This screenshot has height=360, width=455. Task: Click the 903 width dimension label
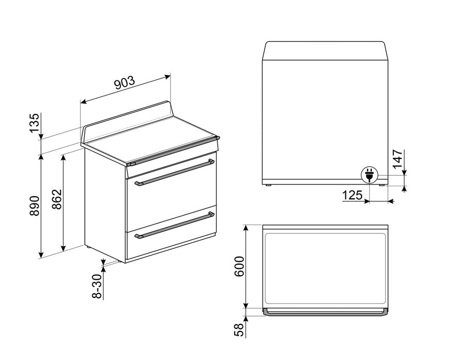click(x=124, y=83)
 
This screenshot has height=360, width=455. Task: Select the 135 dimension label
click(x=34, y=124)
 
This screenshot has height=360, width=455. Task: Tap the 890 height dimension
click(x=34, y=205)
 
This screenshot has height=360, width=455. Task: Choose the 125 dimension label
click(x=352, y=196)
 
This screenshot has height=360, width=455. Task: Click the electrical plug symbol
click(x=369, y=176)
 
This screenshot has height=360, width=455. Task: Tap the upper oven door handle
click(x=175, y=172)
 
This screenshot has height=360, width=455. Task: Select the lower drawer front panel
click(x=171, y=241)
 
